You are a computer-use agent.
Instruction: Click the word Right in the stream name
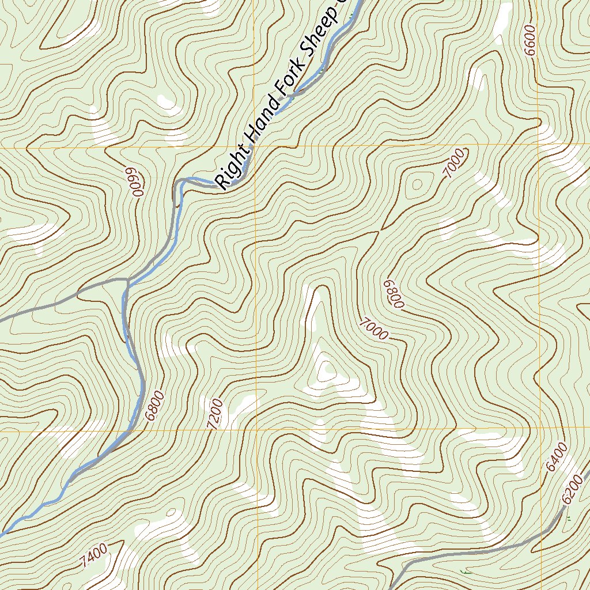pyautogui.click(x=232, y=168)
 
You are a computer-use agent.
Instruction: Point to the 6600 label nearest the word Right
pyautogui.click(x=132, y=182)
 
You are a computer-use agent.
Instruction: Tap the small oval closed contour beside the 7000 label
pyautogui.click(x=416, y=184)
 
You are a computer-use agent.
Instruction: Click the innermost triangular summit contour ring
pyautogui.click(x=326, y=369)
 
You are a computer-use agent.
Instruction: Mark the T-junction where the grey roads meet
pyautogui.click(x=128, y=281)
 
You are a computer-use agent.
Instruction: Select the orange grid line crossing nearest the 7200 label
pyautogui.click(x=255, y=430)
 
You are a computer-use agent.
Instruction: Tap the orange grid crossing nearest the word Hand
pyautogui.click(x=255, y=146)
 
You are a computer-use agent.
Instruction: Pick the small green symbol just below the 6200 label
pyautogui.click(x=568, y=520)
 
